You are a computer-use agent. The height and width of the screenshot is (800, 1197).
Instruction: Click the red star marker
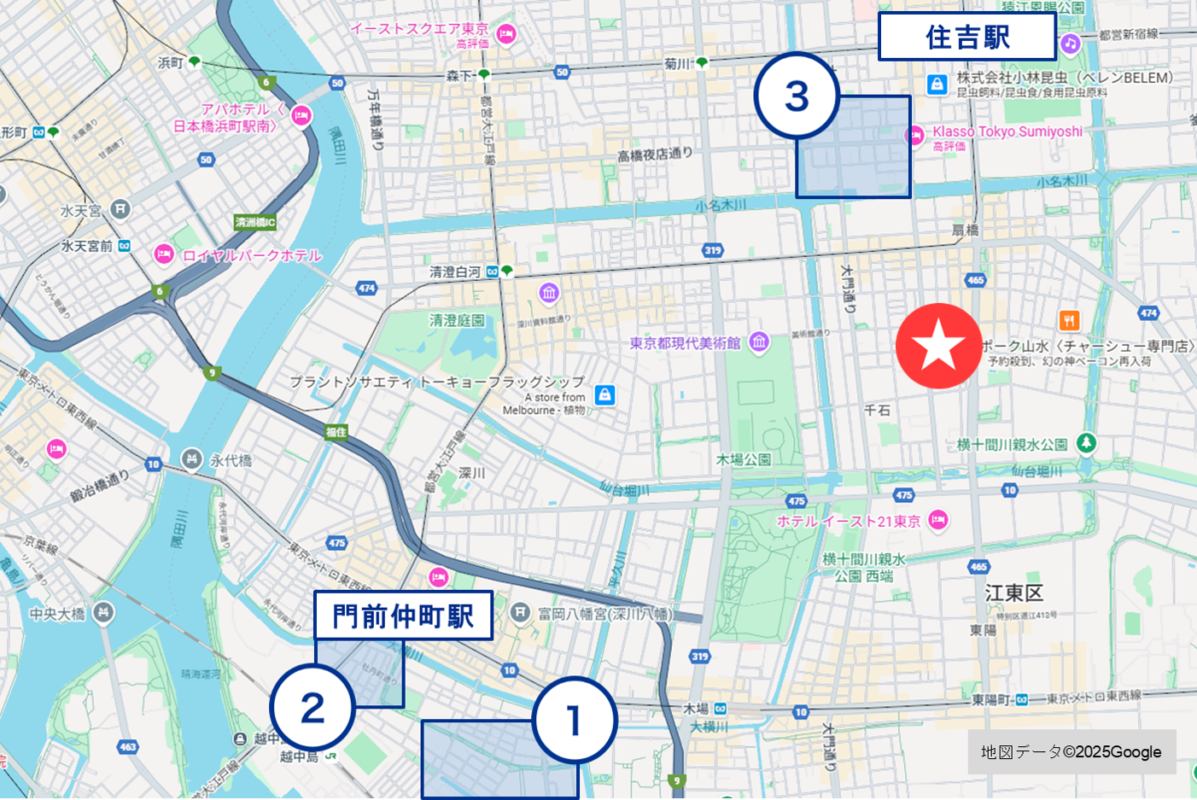pos(938,346)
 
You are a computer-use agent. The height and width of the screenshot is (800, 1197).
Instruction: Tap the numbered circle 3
pos(796,96)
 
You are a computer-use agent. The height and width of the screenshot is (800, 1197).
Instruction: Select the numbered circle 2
pos(312,708)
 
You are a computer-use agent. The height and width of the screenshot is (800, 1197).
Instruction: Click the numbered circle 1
pos(574,720)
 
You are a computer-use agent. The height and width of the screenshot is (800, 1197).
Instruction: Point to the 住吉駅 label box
pos(966,38)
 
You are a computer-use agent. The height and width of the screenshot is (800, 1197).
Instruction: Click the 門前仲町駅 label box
pos(403,616)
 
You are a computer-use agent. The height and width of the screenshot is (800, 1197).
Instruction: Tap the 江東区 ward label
pos(1013,593)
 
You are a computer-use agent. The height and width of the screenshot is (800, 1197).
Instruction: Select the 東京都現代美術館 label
pos(685,343)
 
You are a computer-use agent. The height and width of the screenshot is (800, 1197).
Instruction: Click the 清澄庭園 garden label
pos(457,320)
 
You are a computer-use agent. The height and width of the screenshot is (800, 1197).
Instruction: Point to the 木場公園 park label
pos(743,459)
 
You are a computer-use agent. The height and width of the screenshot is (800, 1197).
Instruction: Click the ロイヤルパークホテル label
pos(252,255)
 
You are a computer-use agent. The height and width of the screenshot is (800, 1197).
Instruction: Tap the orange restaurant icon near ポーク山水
pos(1069,321)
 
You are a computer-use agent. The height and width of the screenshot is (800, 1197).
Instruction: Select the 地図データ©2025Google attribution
pos(1071,751)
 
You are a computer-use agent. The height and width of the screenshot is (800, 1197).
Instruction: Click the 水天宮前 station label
pos(87,246)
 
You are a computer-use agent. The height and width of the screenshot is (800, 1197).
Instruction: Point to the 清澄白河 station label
pos(455,272)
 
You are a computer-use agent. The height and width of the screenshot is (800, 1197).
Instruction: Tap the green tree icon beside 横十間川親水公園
pos(1086,443)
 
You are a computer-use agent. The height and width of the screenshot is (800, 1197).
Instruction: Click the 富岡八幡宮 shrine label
pos(604,613)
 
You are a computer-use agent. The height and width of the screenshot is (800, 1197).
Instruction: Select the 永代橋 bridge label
pos(231,460)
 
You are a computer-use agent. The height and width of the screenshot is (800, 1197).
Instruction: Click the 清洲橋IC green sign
pos(255,223)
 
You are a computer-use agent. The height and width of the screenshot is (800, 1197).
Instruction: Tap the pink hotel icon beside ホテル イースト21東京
pos(938,520)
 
